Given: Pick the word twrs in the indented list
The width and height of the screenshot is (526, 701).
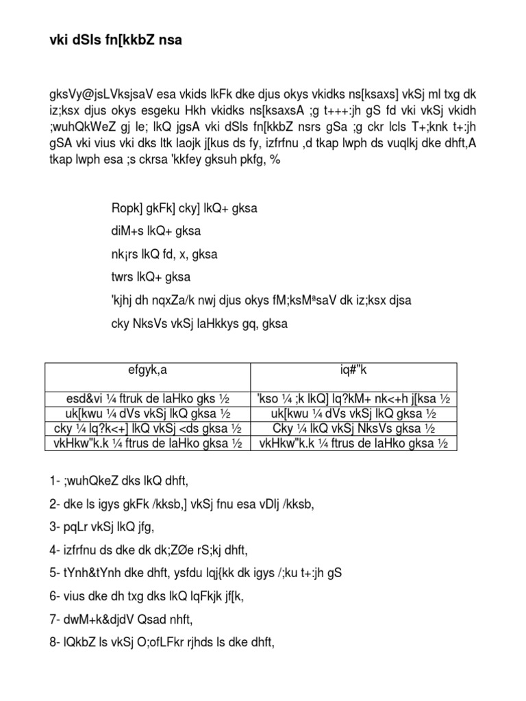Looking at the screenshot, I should (124, 277).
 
